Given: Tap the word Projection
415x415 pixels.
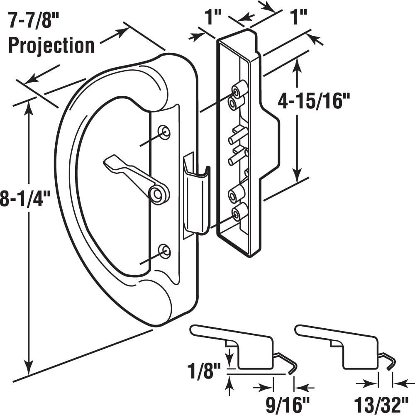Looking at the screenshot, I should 51,45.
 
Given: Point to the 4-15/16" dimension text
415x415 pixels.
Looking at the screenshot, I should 314,101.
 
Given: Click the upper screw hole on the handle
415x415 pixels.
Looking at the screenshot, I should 165,132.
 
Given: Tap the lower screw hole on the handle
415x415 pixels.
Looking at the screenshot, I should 165,251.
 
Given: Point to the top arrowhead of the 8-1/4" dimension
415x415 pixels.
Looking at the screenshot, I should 29,104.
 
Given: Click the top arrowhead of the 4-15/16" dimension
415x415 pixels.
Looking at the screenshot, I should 297,64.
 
